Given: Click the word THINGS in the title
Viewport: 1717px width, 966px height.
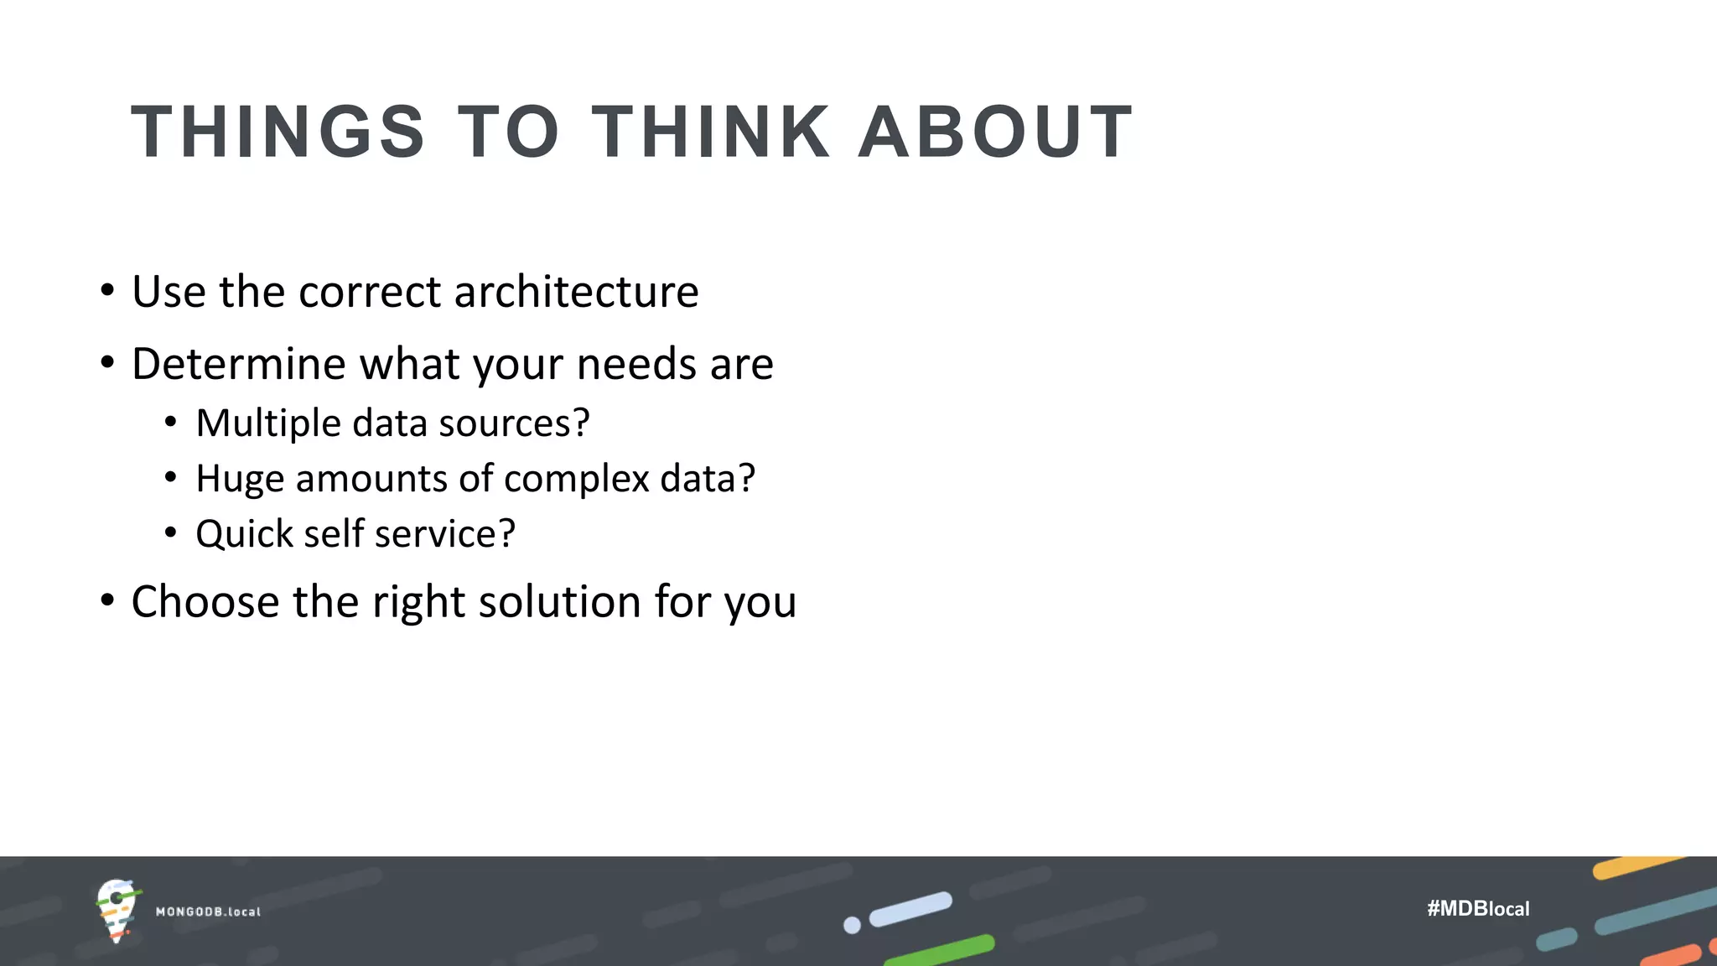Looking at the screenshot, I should (x=278, y=132).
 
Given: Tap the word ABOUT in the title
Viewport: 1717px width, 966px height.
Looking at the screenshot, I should (x=996, y=132).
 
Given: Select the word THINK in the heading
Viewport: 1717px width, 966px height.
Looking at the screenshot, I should (x=711, y=132).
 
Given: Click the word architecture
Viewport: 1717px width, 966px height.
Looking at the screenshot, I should (x=577, y=292).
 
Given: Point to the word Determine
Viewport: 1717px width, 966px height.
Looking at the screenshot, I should (x=239, y=364).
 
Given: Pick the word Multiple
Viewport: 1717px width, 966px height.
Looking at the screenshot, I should (x=268, y=423).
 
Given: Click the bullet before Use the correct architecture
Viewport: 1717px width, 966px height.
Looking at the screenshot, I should (x=106, y=292).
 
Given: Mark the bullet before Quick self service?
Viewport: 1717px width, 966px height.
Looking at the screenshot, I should (x=171, y=533).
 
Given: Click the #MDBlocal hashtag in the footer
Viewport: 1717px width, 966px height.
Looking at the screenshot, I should (x=1478, y=909).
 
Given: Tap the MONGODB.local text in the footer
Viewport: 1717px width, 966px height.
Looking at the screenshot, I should (x=208, y=911).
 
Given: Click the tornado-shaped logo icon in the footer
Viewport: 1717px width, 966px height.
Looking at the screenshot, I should (x=117, y=911).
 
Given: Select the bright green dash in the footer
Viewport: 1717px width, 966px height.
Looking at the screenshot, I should (x=940, y=951).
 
